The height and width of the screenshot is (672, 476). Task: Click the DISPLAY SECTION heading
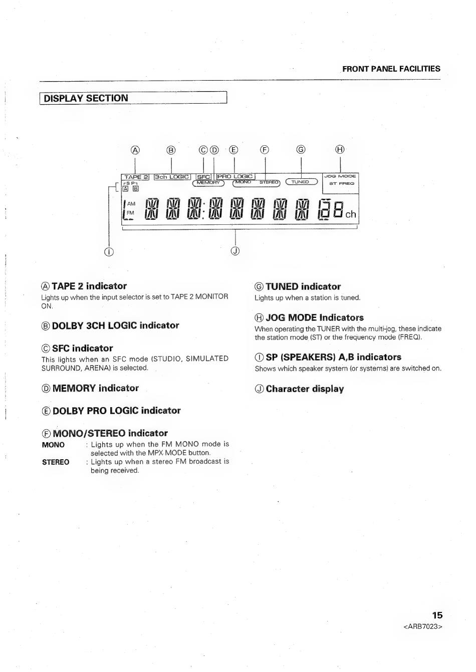click(x=86, y=98)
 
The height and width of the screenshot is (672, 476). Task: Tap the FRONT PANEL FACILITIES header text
click(x=391, y=69)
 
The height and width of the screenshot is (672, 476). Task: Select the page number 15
click(x=437, y=615)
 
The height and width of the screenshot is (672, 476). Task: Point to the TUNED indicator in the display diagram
click(x=301, y=182)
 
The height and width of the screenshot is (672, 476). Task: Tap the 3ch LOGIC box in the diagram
click(x=172, y=177)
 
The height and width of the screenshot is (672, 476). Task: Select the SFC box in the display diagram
click(x=203, y=177)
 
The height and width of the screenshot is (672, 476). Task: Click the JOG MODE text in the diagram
click(x=340, y=176)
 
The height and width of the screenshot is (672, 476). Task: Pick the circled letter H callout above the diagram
click(x=340, y=149)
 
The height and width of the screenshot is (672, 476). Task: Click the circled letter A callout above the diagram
click(x=135, y=150)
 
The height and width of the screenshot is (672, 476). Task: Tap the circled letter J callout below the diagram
click(x=235, y=251)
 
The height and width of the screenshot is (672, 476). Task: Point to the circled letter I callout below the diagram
click(x=109, y=251)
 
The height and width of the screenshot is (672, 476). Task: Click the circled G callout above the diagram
click(x=301, y=149)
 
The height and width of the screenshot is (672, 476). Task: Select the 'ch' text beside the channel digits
click(x=350, y=214)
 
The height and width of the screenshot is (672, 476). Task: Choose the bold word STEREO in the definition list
click(x=56, y=462)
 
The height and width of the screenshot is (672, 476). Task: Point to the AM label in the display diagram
click(x=131, y=204)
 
